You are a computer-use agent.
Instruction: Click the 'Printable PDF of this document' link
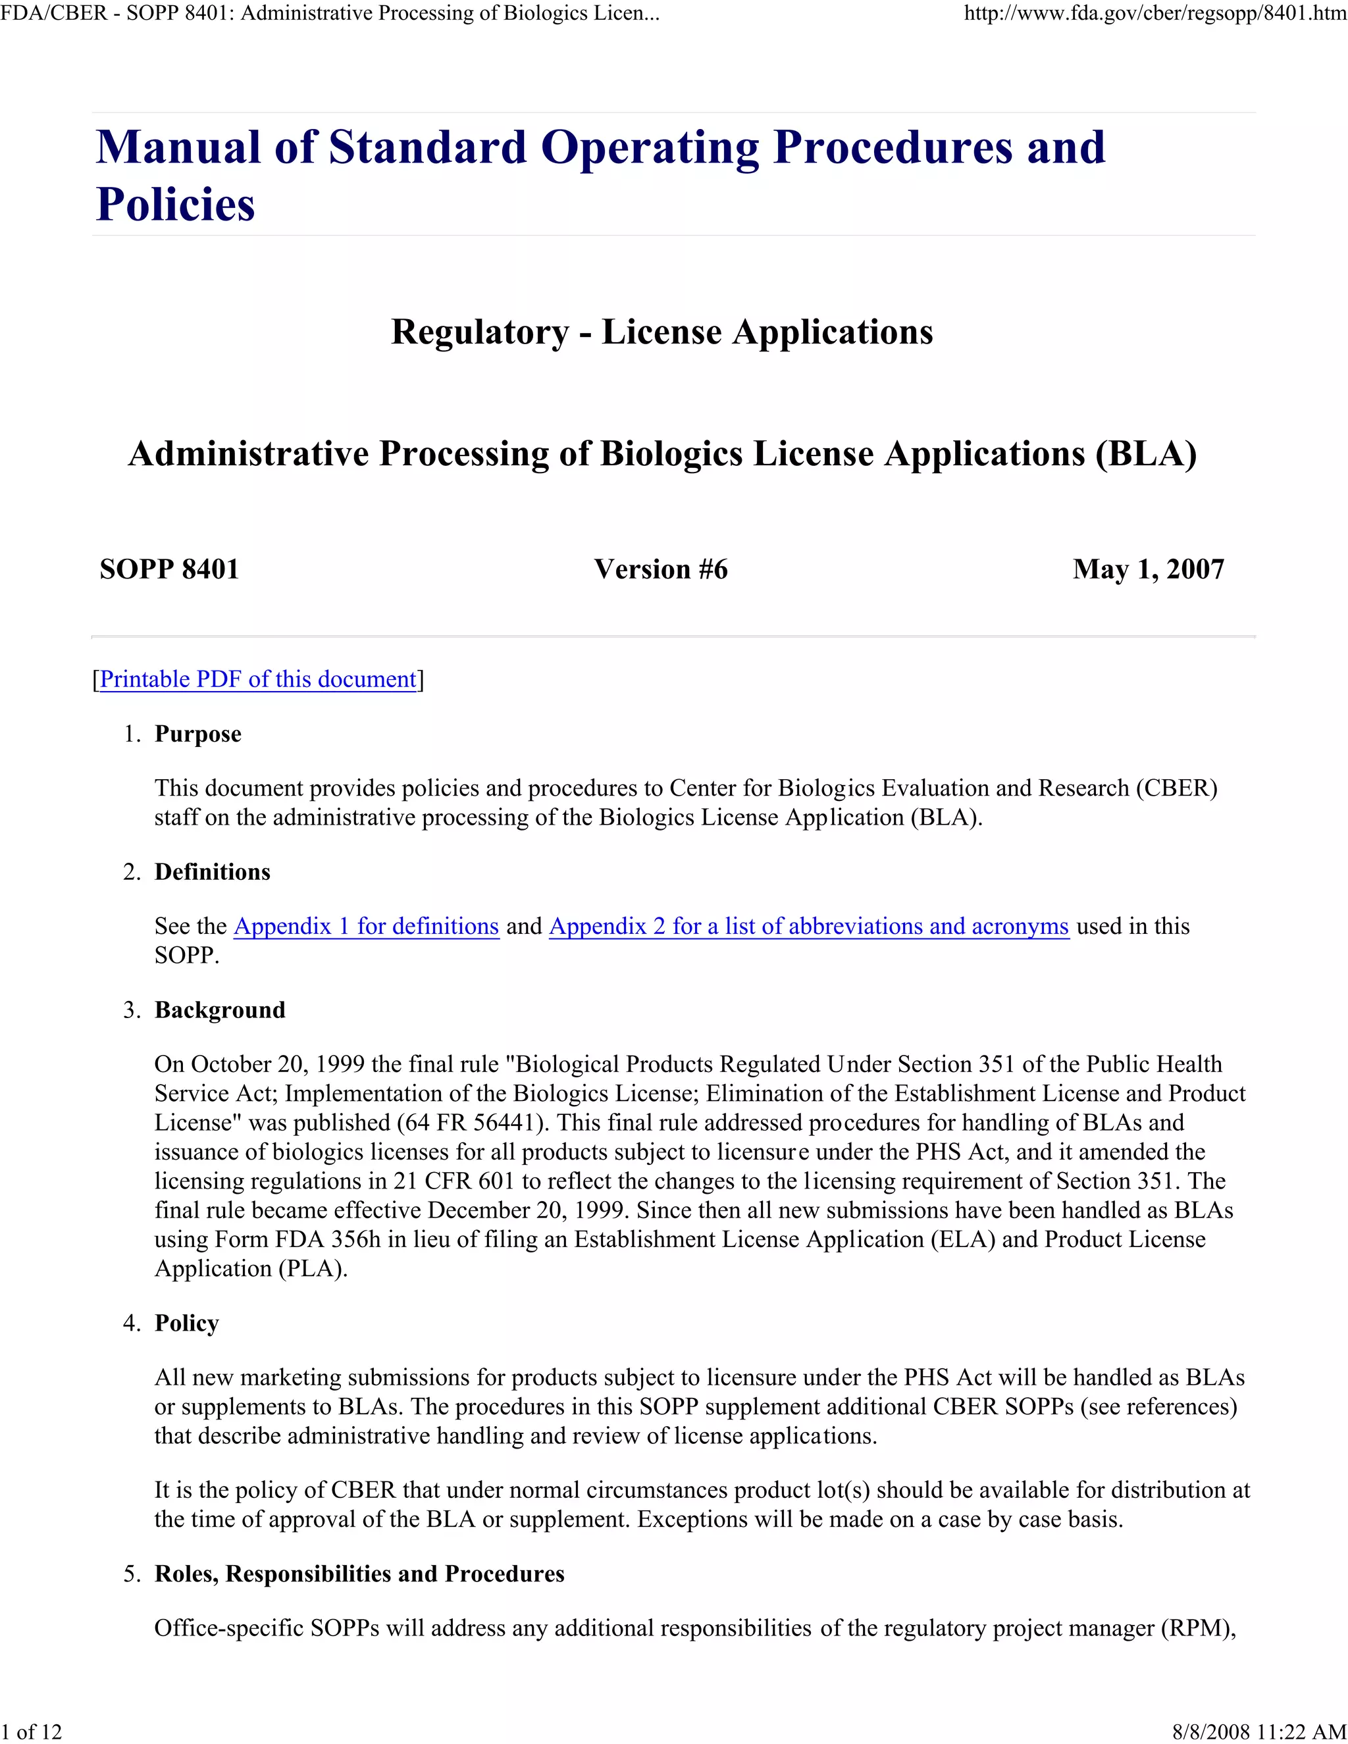(x=257, y=680)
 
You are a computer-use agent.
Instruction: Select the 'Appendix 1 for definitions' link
(x=366, y=927)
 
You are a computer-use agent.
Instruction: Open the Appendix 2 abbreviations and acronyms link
(x=808, y=927)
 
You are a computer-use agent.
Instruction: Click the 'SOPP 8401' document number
(x=169, y=569)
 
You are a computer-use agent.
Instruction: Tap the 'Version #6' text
(x=660, y=569)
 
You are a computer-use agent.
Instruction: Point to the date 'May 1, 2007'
(x=1147, y=569)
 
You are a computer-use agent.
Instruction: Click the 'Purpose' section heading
(x=197, y=734)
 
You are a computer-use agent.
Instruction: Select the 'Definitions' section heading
(x=213, y=872)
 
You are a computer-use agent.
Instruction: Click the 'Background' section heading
(x=220, y=1010)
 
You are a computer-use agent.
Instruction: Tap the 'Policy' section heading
(x=186, y=1323)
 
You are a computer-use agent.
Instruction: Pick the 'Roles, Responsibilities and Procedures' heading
(x=359, y=1574)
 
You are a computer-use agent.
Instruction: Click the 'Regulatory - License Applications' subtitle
(x=661, y=332)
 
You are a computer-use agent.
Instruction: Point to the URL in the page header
(x=1154, y=14)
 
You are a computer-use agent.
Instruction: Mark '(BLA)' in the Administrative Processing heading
(x=1145, y=453)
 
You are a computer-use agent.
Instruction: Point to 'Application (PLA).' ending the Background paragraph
(x=251, y=1269)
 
